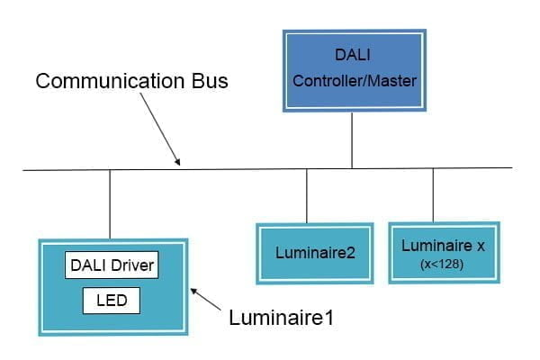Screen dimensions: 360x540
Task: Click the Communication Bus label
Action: (x=131, y=81)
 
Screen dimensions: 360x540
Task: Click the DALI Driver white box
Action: (x=112, y=265)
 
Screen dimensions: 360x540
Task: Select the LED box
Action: (x=112, y=300)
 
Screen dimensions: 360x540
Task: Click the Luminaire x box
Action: (x=444, y=251)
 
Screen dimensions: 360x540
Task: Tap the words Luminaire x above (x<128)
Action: (x=444, y=244)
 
